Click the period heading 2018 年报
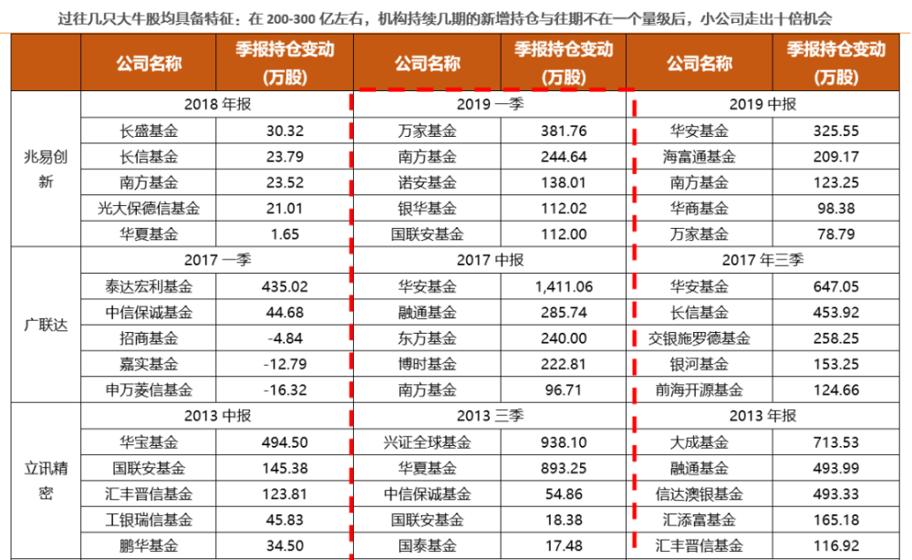coord(217,104)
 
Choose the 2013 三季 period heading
coord(492,416)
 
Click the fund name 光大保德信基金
coord(147,209)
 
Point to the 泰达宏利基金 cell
coord(147,286)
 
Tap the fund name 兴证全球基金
coord(426,442)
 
